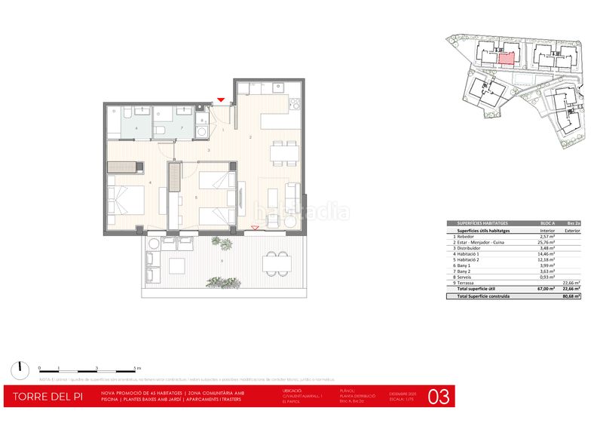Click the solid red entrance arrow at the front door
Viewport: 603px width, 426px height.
click(x=220, y=100)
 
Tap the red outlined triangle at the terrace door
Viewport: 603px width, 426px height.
click(x=255, y=227)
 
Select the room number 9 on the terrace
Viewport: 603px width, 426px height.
click(x=222, y=262)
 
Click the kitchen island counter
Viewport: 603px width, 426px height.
click(x=276, y=121)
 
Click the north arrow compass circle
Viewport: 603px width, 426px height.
click(x=17, y=369)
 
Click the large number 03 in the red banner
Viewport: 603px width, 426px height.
click(x=440, y=396)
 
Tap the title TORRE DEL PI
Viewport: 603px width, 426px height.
click(x=48, y=397)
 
